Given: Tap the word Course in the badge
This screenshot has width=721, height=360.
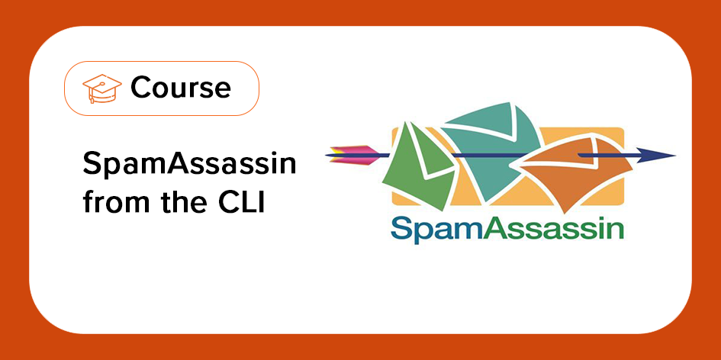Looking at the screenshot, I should [180, 88].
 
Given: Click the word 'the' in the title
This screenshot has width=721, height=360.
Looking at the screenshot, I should [177, 204].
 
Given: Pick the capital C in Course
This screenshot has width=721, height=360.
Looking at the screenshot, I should [141, 88].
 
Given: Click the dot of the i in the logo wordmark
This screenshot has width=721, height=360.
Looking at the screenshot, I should [597, 218].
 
